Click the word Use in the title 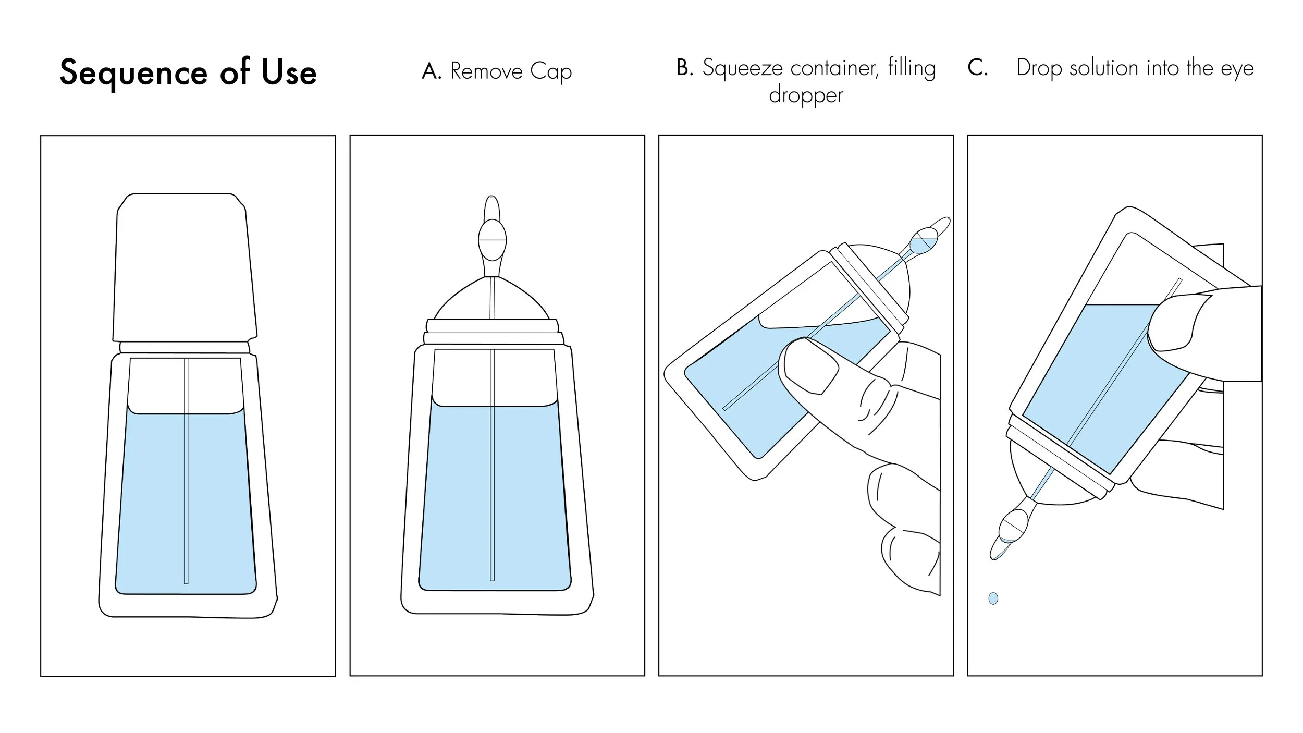click(x=289, y=72)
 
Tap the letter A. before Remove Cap click(x=431, y=71)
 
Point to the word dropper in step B click(x=806, y=95)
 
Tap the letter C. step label click(x=977, y=68)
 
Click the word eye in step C click(x=1237, y=68)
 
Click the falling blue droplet click(x=993, y=598)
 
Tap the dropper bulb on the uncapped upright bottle click(x=492, y=240)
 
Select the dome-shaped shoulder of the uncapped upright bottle click(x=491, y=302)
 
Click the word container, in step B click(x=834, y=68)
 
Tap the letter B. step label click(x=685, y=68)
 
